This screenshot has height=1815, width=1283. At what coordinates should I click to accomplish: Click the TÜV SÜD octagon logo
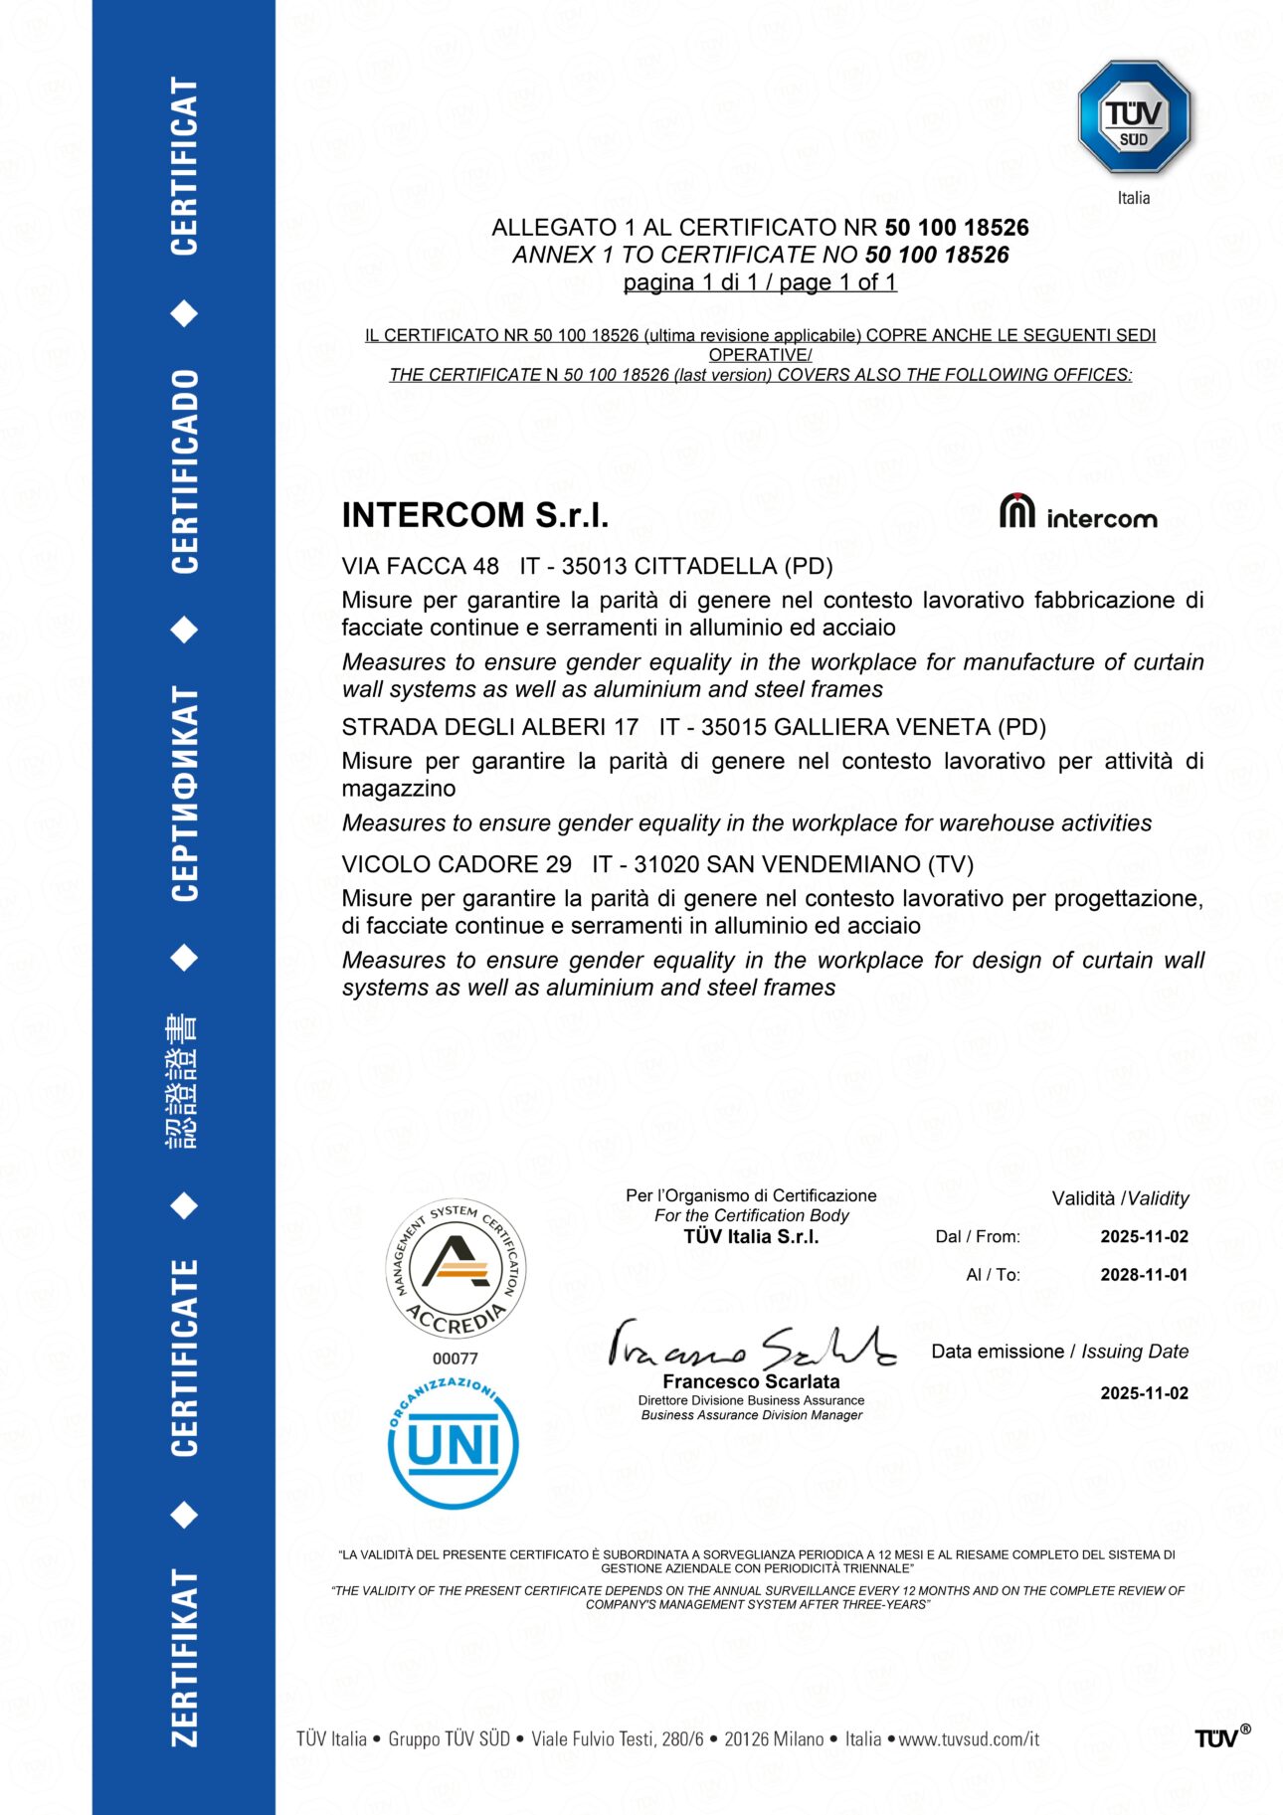(x=1134, y=117)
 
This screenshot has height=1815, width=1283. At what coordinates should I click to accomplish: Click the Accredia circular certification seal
(x=456, y=1269)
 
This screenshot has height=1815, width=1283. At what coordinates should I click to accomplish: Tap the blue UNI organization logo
(x=454, y=1444)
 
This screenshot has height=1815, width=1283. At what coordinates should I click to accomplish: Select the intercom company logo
(x=1078, y=512)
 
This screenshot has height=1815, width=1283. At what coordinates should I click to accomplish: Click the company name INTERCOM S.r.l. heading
(x=474, y=515)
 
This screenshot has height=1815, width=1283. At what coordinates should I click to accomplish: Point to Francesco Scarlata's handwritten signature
(x=751, y=1345)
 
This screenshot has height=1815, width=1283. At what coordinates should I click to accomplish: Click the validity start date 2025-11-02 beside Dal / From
(x=1144, y=1237)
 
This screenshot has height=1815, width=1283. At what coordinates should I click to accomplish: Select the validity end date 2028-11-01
(x=1144, y=1275)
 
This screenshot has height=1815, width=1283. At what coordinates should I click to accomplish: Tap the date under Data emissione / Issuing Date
(x=1144, y=1393)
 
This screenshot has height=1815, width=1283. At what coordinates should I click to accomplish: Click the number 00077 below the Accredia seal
(x=456, y=1359)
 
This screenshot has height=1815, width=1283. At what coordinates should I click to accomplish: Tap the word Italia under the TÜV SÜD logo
(x=1134, y=198)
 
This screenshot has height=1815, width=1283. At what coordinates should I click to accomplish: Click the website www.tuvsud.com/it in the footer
(x=969, y=1739)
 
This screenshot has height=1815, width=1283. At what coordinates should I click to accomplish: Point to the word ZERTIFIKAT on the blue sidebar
(x=185, y=1657)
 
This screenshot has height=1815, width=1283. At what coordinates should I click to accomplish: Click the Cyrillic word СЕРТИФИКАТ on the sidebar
(x=185, y=794)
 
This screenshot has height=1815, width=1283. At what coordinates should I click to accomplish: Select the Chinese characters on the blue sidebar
(x=183, y=1082)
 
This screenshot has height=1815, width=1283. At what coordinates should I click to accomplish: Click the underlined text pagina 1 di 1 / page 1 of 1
(x=760, y=283)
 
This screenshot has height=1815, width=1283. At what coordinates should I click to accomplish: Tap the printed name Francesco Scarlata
(x=751, y=1381)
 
